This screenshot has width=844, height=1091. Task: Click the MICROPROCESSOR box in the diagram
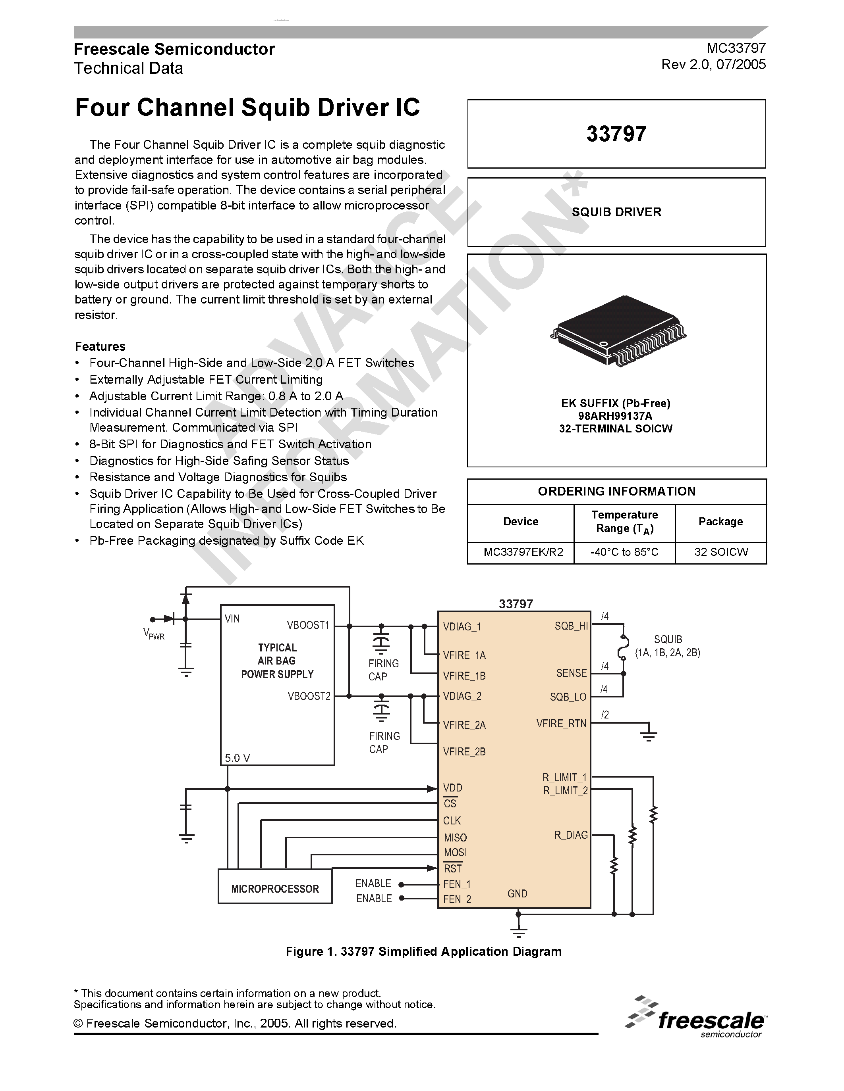(274, 889)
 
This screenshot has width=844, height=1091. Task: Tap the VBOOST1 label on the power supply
(308, 625)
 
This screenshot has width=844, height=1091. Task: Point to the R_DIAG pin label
(570, 835)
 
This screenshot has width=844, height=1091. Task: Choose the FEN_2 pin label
(456, 899)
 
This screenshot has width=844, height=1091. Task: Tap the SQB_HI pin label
(571, 626)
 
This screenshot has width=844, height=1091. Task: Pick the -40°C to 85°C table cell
(624, 552)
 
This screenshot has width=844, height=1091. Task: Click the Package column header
(720, 522)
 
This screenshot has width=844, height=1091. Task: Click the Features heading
(100, 347)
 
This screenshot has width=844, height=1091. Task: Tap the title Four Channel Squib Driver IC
(247, 108)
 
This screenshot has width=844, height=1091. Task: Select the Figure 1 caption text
(423, 952)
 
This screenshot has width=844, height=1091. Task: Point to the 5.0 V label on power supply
(237, 758)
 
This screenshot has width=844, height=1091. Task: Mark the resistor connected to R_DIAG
(614, 865)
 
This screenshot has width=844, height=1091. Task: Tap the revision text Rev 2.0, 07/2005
(713, 64)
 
